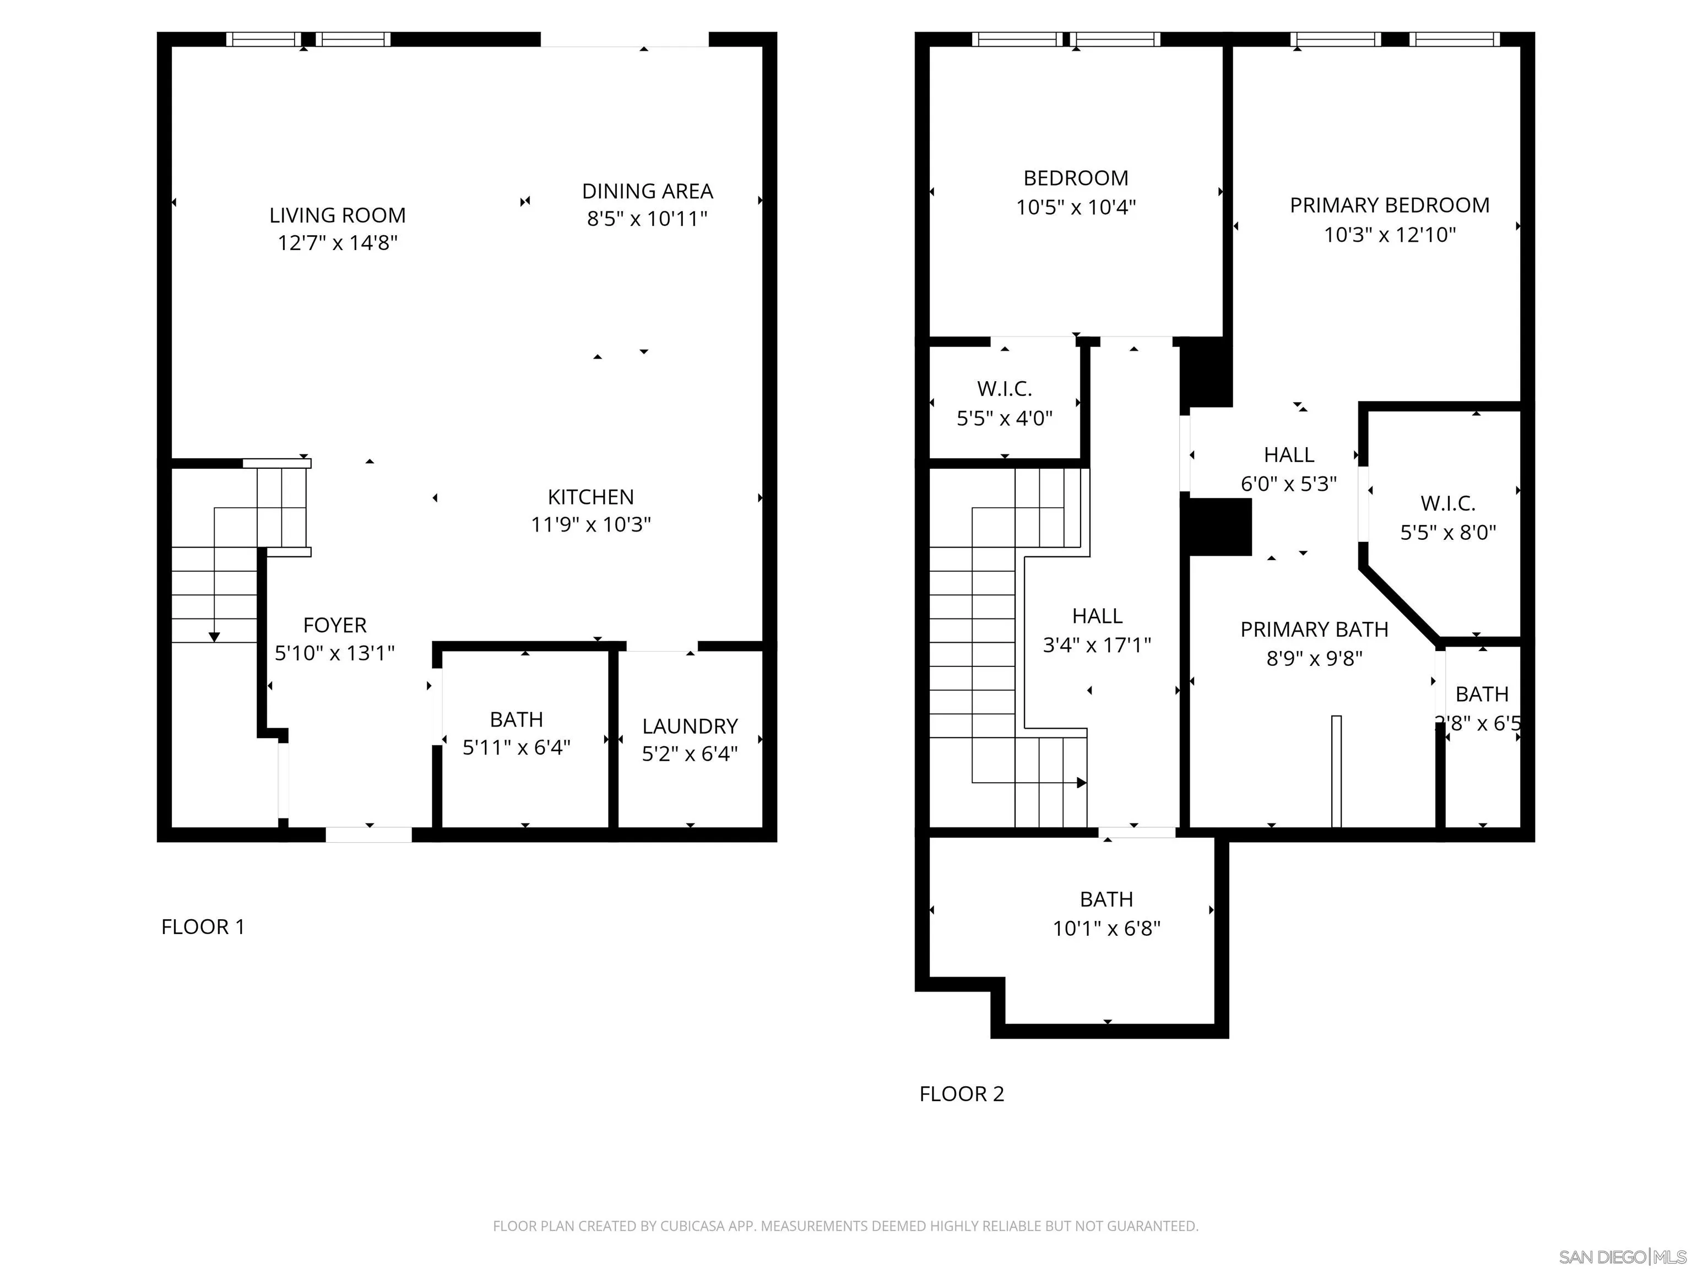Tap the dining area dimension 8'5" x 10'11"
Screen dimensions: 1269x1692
click(647, 220)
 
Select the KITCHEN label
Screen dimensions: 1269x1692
click(590, 497)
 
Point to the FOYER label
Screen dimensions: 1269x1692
click(335, 626)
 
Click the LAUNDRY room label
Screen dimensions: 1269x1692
click(690, 726)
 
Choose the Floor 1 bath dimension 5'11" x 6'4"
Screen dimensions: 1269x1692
click(516, 747)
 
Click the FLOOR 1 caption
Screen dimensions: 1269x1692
click(203, 927)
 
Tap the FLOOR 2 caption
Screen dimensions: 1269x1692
click(962, 1094)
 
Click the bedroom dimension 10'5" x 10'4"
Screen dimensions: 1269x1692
click(1076, 207)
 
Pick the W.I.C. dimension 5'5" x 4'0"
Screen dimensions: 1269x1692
click(1004, 419)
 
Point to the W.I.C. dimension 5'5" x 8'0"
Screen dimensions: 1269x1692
click(1448, 533)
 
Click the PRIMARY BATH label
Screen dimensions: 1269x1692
click(1314, 630)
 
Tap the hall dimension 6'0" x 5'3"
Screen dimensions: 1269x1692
click(1288, 484)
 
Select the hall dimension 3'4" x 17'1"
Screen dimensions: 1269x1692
click(1097, 646)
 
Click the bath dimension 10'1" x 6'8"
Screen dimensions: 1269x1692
click(1106, 929)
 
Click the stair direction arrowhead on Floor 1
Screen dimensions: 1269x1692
click(214, 637)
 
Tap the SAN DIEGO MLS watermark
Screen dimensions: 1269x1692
click(1621, 1257)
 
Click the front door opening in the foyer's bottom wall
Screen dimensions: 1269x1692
click(368, 834)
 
